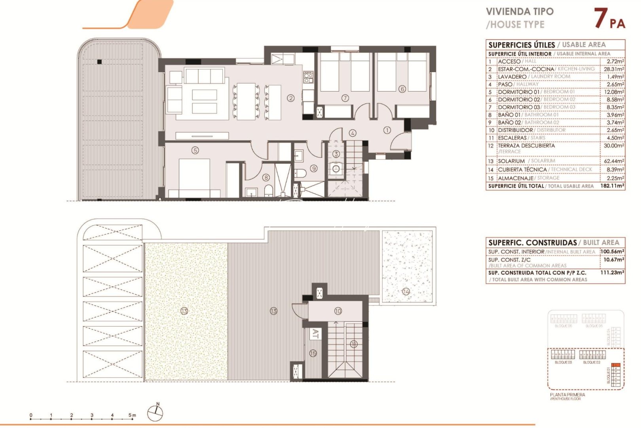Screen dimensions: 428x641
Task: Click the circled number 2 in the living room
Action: (291, 98)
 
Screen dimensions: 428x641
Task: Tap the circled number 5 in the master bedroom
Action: (195, 150)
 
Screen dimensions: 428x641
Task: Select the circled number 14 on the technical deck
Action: (406, 292)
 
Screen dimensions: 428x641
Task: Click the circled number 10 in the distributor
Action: (338, 311)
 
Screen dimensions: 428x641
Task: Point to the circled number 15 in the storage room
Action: (313, 353)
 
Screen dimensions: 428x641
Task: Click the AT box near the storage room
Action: (315, 333)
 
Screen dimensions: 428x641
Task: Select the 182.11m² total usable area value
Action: (613, 186)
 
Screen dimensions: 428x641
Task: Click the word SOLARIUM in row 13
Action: (511, 161)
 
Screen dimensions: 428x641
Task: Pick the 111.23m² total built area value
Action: (613, 273)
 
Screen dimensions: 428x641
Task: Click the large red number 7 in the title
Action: (601, 19)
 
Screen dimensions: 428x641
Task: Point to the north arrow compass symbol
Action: (155, 413)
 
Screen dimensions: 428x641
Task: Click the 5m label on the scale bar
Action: (132, 415)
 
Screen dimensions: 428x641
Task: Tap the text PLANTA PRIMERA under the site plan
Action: (567, 395)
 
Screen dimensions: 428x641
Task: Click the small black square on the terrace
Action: (100, 61)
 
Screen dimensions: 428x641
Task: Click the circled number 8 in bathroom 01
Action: (266, 178)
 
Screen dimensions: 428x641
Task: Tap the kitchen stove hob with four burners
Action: (308, 77)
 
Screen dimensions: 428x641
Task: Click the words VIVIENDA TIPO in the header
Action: (520, 11)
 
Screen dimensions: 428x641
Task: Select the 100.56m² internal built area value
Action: (613, 251)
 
